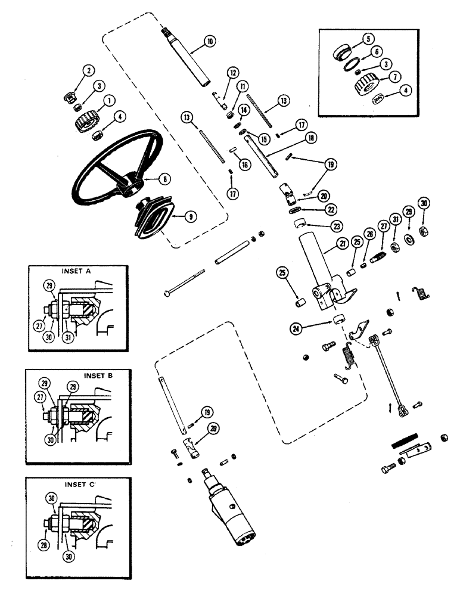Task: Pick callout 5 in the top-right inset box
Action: click(369, 40)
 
